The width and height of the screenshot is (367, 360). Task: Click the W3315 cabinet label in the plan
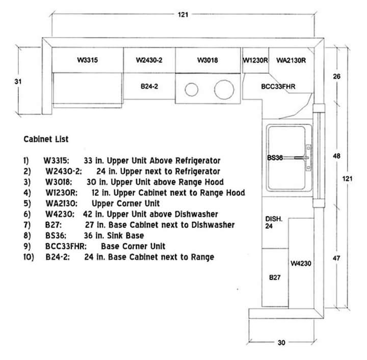click(88, 60)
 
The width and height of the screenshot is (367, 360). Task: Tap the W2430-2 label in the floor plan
click(149, 60)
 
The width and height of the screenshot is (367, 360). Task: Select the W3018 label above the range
click(207, 60)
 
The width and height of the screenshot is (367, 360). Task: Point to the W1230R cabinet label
click(255, 60)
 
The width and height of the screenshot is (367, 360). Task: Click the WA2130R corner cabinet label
click(291, 60)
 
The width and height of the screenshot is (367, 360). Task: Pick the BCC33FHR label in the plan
click(278, 87)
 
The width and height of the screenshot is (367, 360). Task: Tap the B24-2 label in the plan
click(149, 87)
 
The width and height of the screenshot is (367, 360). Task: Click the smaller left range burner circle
click(192, 89)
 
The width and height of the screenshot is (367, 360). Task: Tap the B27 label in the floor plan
click(275, 278)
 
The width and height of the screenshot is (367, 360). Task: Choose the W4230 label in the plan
click(301, 264)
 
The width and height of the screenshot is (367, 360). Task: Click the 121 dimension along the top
click(182, 15)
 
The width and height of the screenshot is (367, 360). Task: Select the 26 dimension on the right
click(336, 76)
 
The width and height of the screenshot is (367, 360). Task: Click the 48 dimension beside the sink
click(336, 156)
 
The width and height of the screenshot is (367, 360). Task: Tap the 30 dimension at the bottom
click(281, 343)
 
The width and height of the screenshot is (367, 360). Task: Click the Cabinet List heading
click(46, 139)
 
